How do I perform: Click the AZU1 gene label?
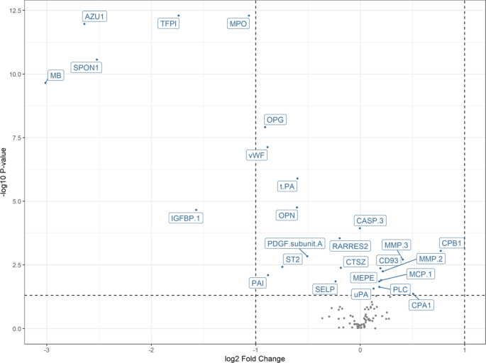[94, 16]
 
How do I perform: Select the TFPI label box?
[169, 23]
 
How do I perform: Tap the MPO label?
[238, 23]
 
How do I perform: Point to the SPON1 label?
[87, 67]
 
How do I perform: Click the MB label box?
[55, 75]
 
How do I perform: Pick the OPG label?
[275, 119]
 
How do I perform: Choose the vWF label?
[256, 155]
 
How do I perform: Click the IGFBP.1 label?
[186, 218]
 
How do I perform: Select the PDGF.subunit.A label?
[295, 244]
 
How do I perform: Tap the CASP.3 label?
[370, 221]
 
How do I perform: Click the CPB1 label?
[451, 243]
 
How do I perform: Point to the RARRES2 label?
[350, 246]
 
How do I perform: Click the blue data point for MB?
[45, 83]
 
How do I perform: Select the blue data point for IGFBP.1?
[196, 210]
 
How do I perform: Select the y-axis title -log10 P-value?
[6, 174]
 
